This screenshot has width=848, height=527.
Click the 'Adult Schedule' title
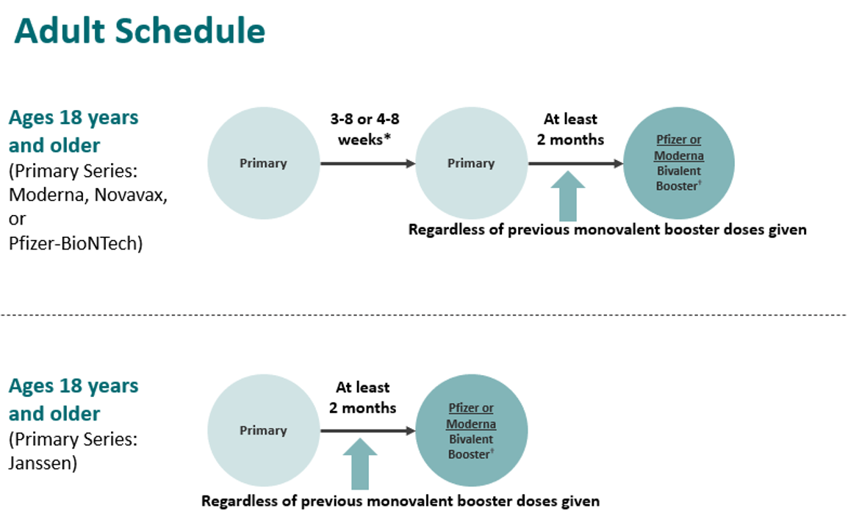(140, 32)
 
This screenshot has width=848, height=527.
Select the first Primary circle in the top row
(263, 163)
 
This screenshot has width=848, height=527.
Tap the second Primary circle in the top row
(471, 163)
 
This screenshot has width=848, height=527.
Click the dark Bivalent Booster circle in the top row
(678, 163)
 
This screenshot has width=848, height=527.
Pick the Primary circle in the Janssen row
(263, 431)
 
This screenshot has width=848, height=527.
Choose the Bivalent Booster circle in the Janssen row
(471, 431)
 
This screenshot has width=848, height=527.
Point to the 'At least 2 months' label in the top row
(570, 128)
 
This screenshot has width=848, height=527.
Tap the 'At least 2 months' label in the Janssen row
(362, 397)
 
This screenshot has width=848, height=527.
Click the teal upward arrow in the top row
(568, 196)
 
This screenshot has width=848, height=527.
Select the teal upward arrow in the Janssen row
(360, 464)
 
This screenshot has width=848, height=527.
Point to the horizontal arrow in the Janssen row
(367, 431)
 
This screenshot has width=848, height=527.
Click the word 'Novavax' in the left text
(129, 196)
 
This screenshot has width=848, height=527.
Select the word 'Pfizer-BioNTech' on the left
(76, 243)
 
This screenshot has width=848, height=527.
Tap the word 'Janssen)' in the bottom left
(43, 463)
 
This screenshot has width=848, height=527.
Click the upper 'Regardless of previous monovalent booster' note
(607, 230)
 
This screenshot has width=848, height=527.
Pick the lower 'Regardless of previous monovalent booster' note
(400, 501)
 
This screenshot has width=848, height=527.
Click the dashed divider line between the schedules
(424, 315)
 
